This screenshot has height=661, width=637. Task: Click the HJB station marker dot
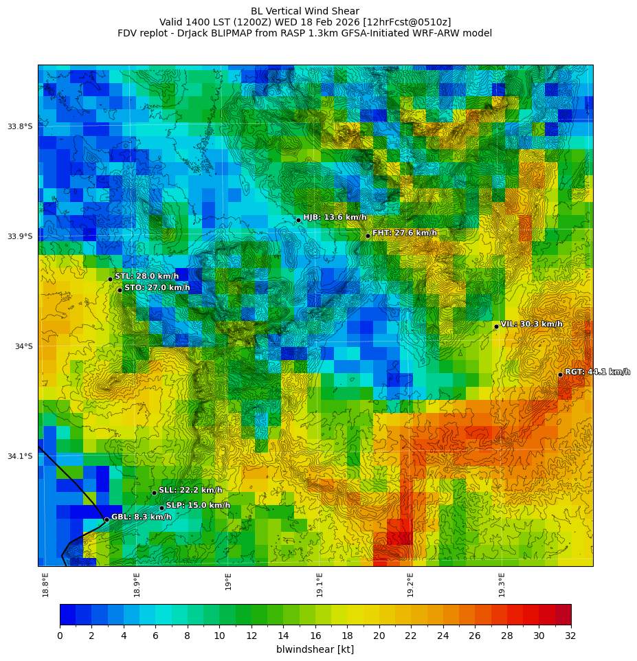pos(298,220)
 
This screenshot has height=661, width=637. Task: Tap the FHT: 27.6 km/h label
pos(404,233)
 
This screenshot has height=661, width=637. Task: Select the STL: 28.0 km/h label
pos(146,276)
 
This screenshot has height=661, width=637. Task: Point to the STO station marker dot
pos(120,290)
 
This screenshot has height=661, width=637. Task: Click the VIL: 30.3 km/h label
pos(531,324)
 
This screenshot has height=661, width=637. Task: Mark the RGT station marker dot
pos(560,374)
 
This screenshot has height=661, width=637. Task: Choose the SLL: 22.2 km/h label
pos(190,491)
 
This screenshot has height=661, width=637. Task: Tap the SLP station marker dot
pos(162,508)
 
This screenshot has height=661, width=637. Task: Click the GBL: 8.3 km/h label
pos(141,517)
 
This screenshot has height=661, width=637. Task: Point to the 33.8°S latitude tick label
pos(20,126)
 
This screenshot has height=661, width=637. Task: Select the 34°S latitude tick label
pos(24,346)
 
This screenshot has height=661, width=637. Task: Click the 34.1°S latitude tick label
pos(20,456)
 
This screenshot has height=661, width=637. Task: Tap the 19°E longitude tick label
pos(228,581)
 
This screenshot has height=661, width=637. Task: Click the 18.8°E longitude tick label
pos(45,585)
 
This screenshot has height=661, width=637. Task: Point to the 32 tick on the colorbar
pos(570,636)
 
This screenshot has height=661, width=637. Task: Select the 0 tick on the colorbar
pos(60,636)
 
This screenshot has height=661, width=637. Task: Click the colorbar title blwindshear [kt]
pos(315,649)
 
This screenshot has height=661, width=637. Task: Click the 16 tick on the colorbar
pos(315,636)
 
